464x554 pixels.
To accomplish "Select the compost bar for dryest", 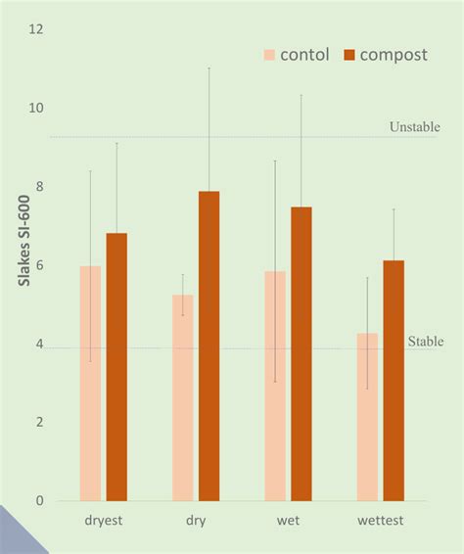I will (x=116, y=367).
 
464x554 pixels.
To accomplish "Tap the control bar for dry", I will (x=182, y=397).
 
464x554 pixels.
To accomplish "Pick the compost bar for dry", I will (x=209, y=346).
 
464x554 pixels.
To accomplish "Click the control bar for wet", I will (x=275, y=386).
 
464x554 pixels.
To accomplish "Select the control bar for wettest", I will (x=367, y=417).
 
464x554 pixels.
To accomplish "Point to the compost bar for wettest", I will (x=394, y=381).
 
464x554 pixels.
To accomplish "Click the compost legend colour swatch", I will (x=349, y=55).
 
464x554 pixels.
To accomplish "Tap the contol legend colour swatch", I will (x=269, y=55).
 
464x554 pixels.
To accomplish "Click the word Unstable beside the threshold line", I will (x=414, y=127).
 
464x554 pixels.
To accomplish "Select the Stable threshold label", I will (x=426, y=342).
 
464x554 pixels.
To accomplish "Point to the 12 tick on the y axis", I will (x=37, y=29).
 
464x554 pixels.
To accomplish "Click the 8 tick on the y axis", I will (x=40, y=187).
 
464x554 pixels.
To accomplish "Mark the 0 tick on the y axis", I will (x=40, y=501).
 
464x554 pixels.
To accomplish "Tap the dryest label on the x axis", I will (x=103, y=521).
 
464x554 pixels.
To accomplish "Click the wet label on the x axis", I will (x=288, y=521).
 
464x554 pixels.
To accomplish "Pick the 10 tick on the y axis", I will (x=37, y=108).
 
